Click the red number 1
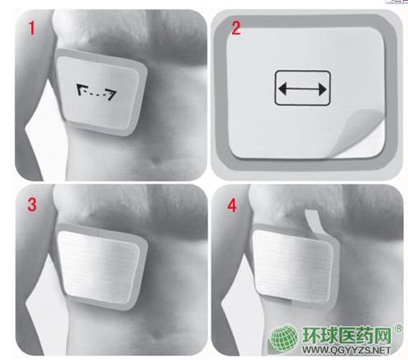(x=32, y=28)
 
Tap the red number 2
(x=236, y=28)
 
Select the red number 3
(x=32, y=205)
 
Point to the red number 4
(x=231, y=206)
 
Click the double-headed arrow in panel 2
(x=302, y=89)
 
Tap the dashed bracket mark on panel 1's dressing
(x=96, y=92)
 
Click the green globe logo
(x=284, y=336)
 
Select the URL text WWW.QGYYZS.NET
(x=346, y=350)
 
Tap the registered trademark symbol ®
(x=398, y=328)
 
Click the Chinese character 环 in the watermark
(x=311, y=334)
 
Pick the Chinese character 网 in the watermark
(x=382, y=335)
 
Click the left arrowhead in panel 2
(x=282, y=89)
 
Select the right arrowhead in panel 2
(x=322, y=89)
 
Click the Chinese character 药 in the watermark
(x=364, y=335)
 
